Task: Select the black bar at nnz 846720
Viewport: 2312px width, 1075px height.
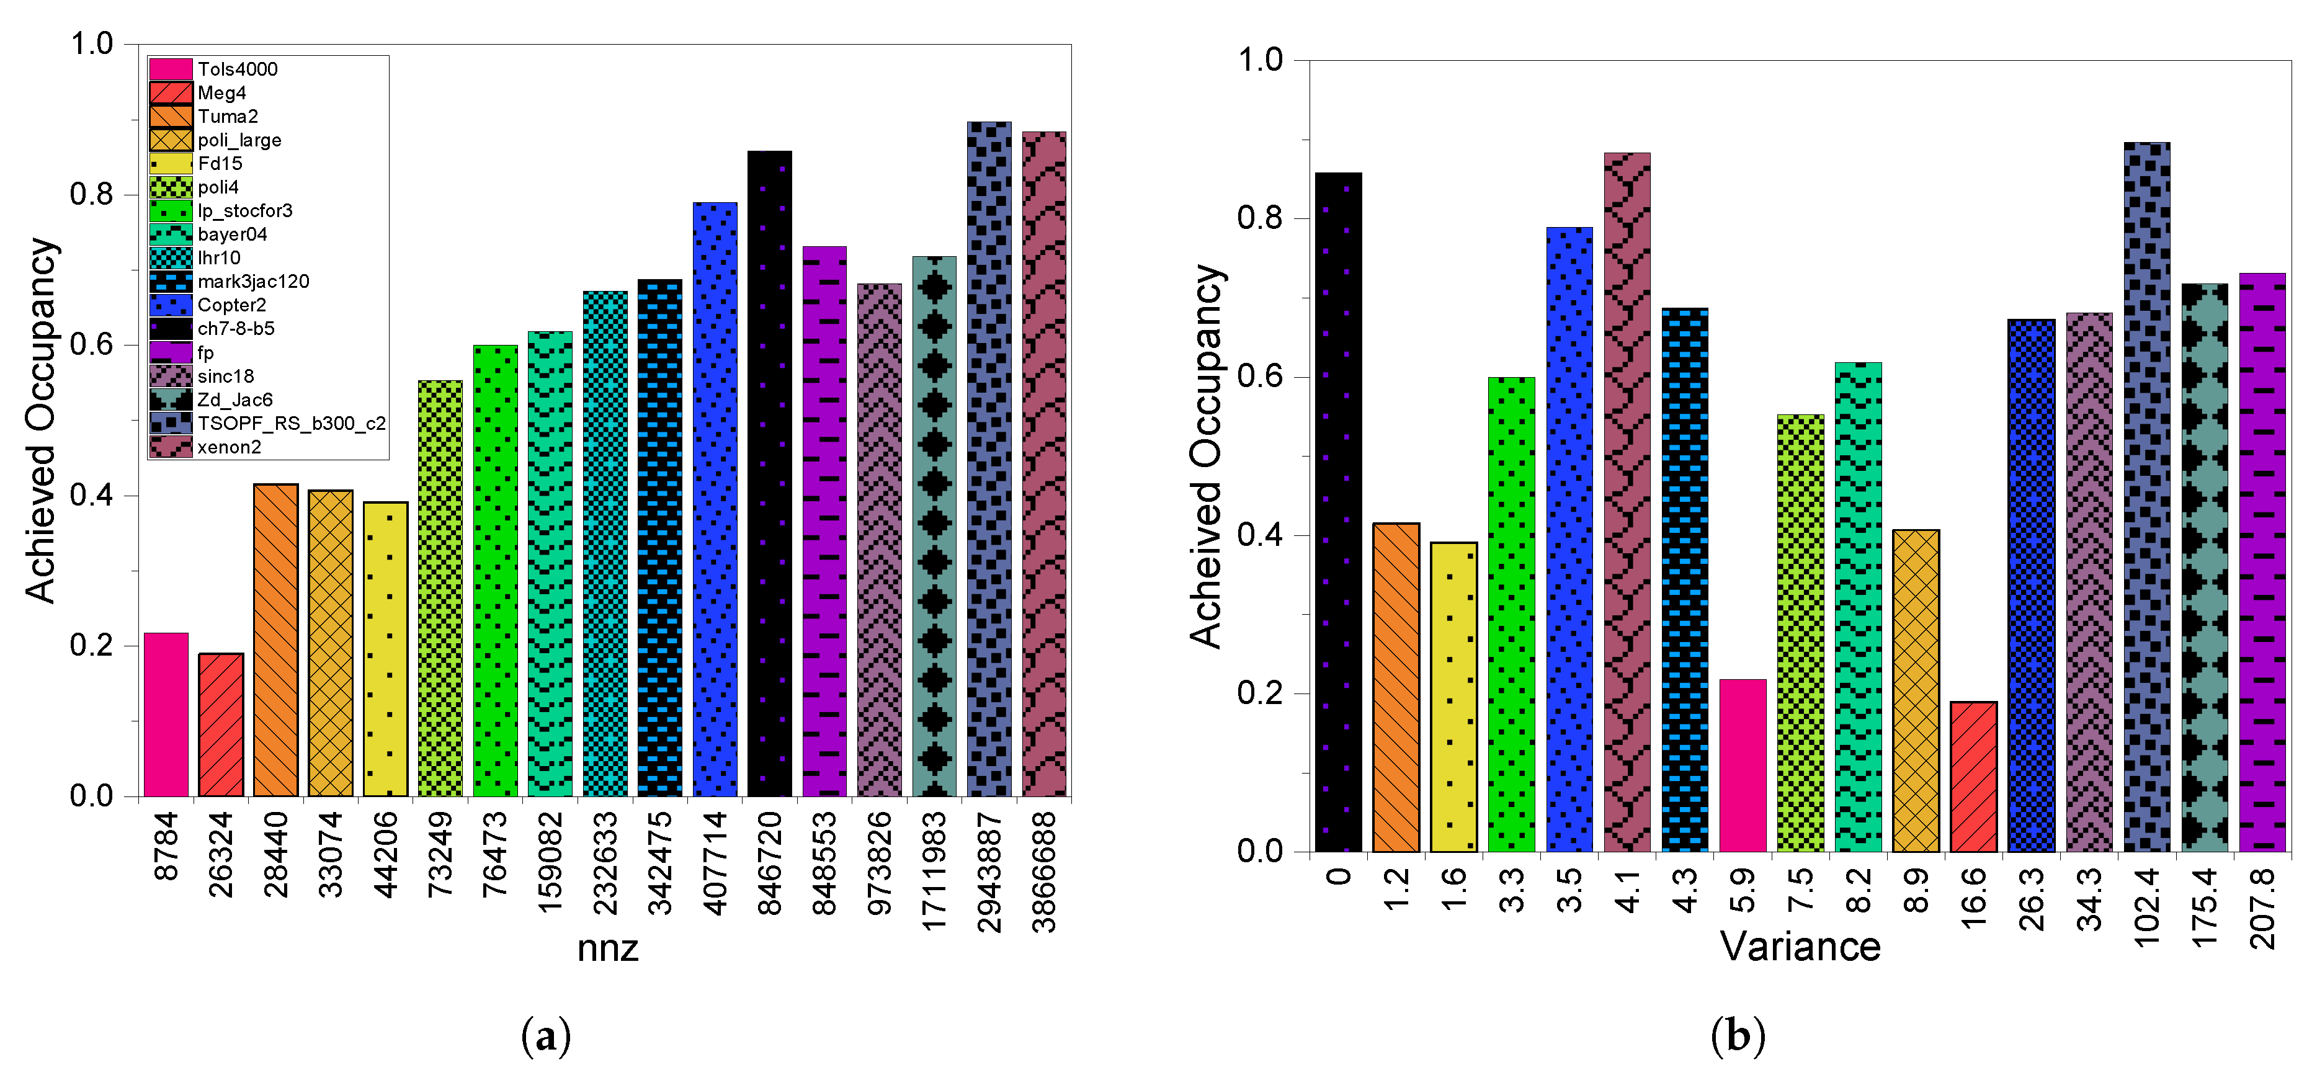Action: (x=769, y=474)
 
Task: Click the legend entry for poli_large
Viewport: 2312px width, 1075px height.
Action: (x=239, y=140)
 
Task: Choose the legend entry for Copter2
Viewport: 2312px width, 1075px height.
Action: (x=231, y=305)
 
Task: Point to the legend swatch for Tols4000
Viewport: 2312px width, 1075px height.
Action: (x=171, y=69)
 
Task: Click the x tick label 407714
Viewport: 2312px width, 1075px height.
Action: (x=715, y=862)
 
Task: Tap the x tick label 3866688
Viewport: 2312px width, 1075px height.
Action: (x=1044, y=872)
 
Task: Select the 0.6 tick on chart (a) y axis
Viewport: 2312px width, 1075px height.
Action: (x=92, y=344)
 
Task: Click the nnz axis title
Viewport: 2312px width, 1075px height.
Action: (x=607, y=948)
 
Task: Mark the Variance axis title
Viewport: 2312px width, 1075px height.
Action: (x=1800, y=946)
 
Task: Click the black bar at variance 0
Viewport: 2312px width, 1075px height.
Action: (x=1338, y=512)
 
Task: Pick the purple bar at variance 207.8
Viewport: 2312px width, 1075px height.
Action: (x=2262, y=562)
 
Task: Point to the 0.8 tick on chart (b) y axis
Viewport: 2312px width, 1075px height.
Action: (x=1259, y=218)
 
